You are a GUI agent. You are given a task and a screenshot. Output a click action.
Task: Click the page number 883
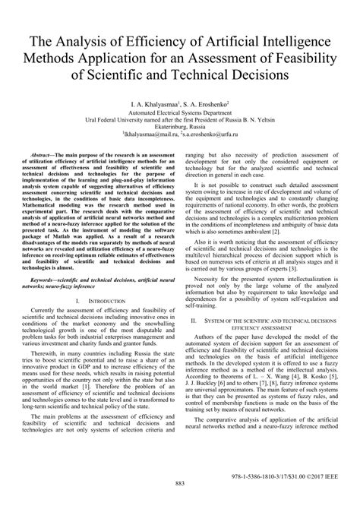180,483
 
